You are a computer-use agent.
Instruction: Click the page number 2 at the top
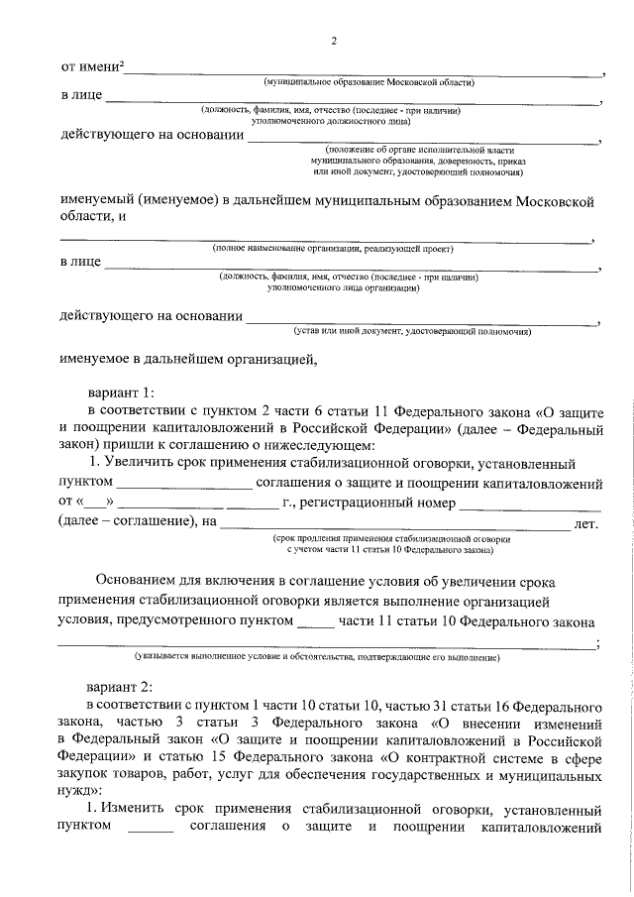334,41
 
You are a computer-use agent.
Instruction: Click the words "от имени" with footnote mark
92,66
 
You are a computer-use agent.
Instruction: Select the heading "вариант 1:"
120,392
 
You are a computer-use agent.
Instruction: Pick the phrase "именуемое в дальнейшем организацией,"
187,360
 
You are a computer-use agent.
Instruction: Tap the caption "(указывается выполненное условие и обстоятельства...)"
318,657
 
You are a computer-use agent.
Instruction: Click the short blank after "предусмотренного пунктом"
316,623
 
